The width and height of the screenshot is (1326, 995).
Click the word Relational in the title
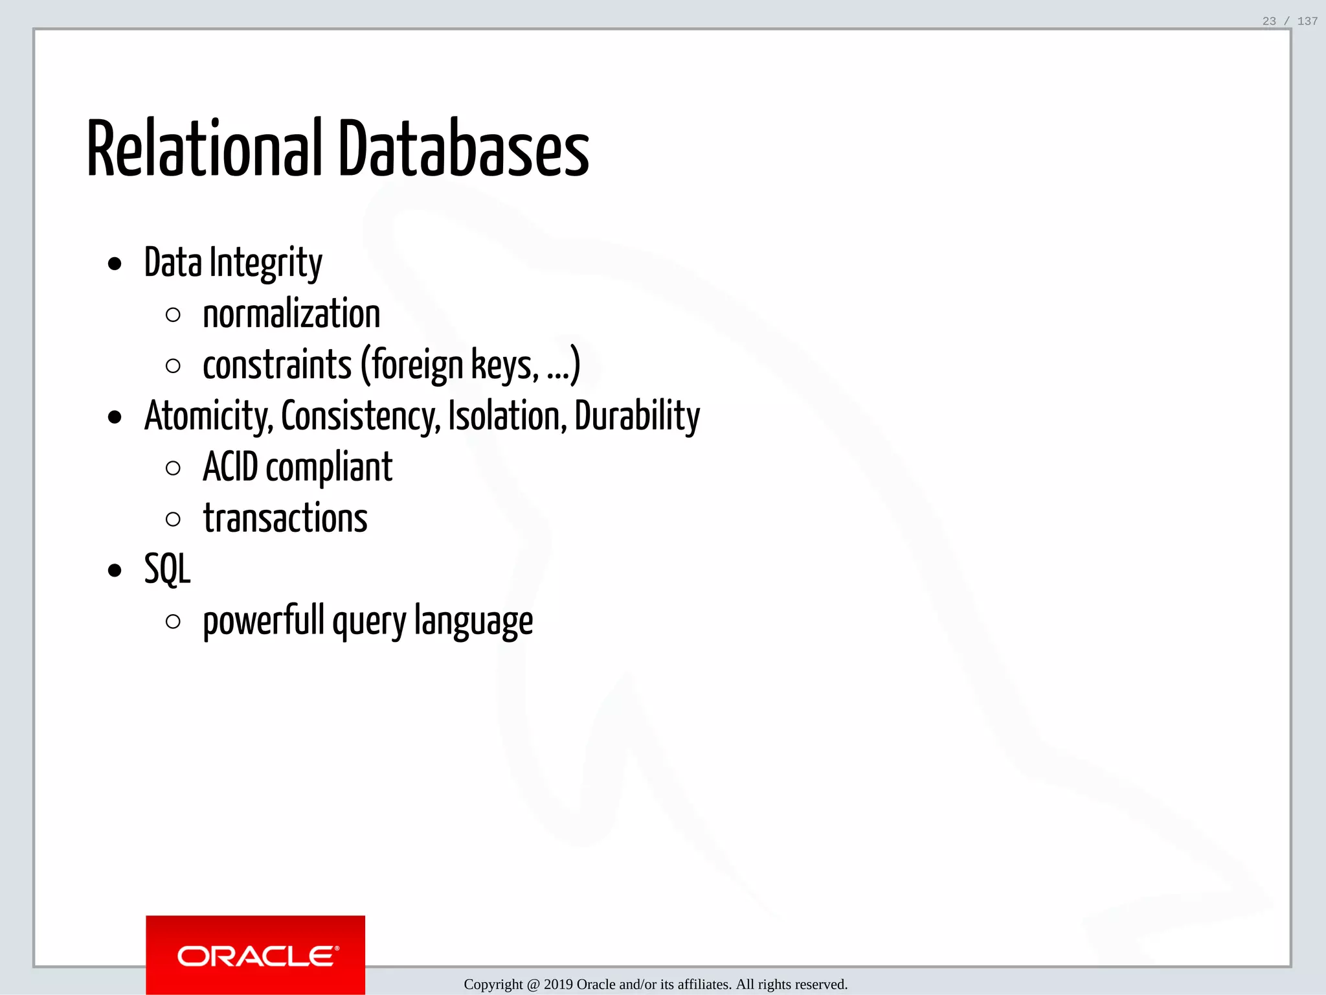(204, 149)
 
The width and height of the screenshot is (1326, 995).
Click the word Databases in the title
(464, 149)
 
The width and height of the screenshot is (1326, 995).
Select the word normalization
(291, 315)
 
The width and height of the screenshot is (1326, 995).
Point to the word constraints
(277, 365)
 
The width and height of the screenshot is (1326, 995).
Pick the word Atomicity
(208, 417)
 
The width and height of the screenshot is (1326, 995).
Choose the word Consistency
(361, 417)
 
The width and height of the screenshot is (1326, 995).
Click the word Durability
(637, 417)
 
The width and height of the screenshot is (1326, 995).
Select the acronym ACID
(230, 468)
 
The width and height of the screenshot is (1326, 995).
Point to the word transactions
(286, 519)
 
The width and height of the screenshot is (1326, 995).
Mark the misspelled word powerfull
(264, 621)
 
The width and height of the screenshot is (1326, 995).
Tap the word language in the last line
(473, 621)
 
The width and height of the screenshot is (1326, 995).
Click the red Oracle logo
(256, 955)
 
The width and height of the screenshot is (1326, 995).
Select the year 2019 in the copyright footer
(558, 985)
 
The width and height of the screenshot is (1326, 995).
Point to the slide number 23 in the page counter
(1269, 21)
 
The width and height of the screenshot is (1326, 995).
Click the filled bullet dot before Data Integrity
(115, 264)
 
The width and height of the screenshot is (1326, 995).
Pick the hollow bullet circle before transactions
(173, 520)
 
